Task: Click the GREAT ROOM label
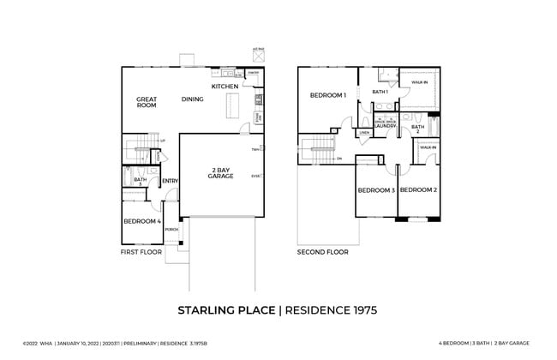point(147,102)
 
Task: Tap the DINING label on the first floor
point(193,99)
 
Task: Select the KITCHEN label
point(225,87)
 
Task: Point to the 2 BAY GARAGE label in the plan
point(222,172)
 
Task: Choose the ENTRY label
point(170,181)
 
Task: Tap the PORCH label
point(171,230)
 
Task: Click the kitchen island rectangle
point(231,108)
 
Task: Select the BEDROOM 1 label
point(327,95)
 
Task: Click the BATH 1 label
point(380,92)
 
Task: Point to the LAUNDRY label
point(385,126)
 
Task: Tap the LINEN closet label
point(364,133)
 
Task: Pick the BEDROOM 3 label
point(375,189)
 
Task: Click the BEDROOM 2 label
point(418,189)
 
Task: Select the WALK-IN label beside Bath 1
point(419,83)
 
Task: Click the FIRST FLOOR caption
point(141,253)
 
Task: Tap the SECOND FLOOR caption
point(322,253)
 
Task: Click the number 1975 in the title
point(356,309)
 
